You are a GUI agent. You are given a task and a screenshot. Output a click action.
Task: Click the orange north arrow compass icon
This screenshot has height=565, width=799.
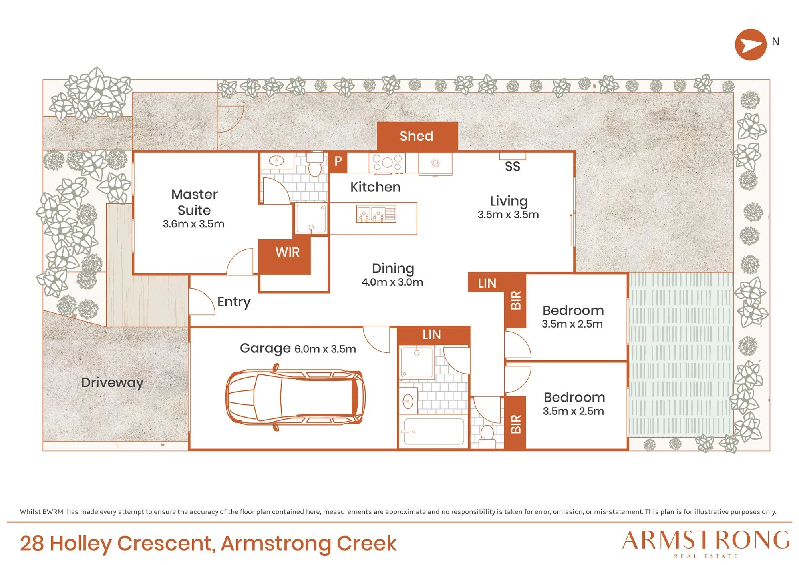pyautogui.click(x=751, y=45)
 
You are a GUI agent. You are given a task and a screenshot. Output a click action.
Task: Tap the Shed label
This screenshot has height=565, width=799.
pyautogui.click(x=416, y=136)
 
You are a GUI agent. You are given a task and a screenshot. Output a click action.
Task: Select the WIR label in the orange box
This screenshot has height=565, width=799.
pyautogui.click(x=287, y=252)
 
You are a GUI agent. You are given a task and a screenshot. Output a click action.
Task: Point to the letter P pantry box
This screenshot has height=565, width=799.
pyautogui.click(x=338, y=161)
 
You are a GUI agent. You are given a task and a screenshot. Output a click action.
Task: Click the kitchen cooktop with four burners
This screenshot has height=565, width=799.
pyautogui.click(x=387, y=163)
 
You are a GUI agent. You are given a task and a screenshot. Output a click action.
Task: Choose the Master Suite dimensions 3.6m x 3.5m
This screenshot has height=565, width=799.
pyautogui.click(x=193, y=224)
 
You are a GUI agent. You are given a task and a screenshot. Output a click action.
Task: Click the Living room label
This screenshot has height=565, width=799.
pyautogui.click(x=509, y=201)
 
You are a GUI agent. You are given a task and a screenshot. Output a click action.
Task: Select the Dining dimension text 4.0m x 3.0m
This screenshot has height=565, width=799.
pyautogui.click(x=392, y=282)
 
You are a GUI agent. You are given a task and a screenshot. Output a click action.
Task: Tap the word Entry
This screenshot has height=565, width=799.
pyautogui.click(x=234, y=302)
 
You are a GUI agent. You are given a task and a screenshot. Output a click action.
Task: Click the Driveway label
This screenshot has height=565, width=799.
pyautogui.click(x=112, y=383)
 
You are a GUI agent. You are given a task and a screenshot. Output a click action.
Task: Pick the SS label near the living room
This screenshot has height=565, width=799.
pyautogui.click(x=512, y=166)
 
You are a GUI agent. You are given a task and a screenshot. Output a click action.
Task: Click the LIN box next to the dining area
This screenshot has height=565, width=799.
pyautogui.click(x=487, y=283)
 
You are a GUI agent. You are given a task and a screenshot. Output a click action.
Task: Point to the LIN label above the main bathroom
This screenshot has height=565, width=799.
pyautogui.click(x=431, y=334)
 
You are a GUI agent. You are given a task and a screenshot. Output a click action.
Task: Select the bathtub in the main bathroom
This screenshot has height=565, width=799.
pyautogui.click(x=434, y=432)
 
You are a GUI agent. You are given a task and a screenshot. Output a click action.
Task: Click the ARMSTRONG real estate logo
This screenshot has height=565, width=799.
pyautogui.click(x=706, y=543)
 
